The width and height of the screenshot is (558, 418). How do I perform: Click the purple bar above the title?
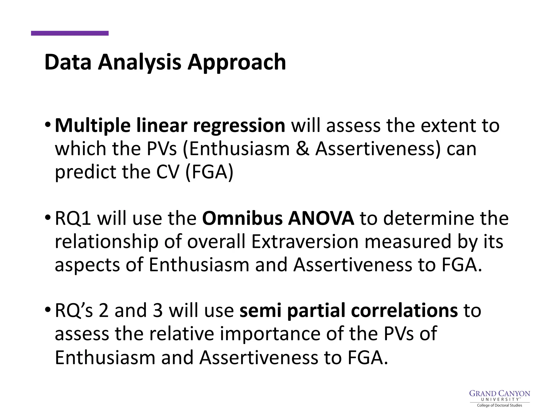[x=70, y=33]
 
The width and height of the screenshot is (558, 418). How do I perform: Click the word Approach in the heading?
[x=237, y=62]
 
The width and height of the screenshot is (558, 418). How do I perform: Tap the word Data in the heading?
[x=68, y=62]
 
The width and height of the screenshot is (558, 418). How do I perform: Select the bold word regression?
[x=239, y=126]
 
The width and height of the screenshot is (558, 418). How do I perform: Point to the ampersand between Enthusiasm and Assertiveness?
[x=302, y=149]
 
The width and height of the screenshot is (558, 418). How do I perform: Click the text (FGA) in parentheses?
[x=209, y=172]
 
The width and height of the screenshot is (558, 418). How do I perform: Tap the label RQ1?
[x=73, y=219]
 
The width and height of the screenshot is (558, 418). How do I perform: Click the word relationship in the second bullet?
[x=107, y=242]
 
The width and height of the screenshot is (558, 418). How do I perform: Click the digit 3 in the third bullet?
[x=158, y=311]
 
